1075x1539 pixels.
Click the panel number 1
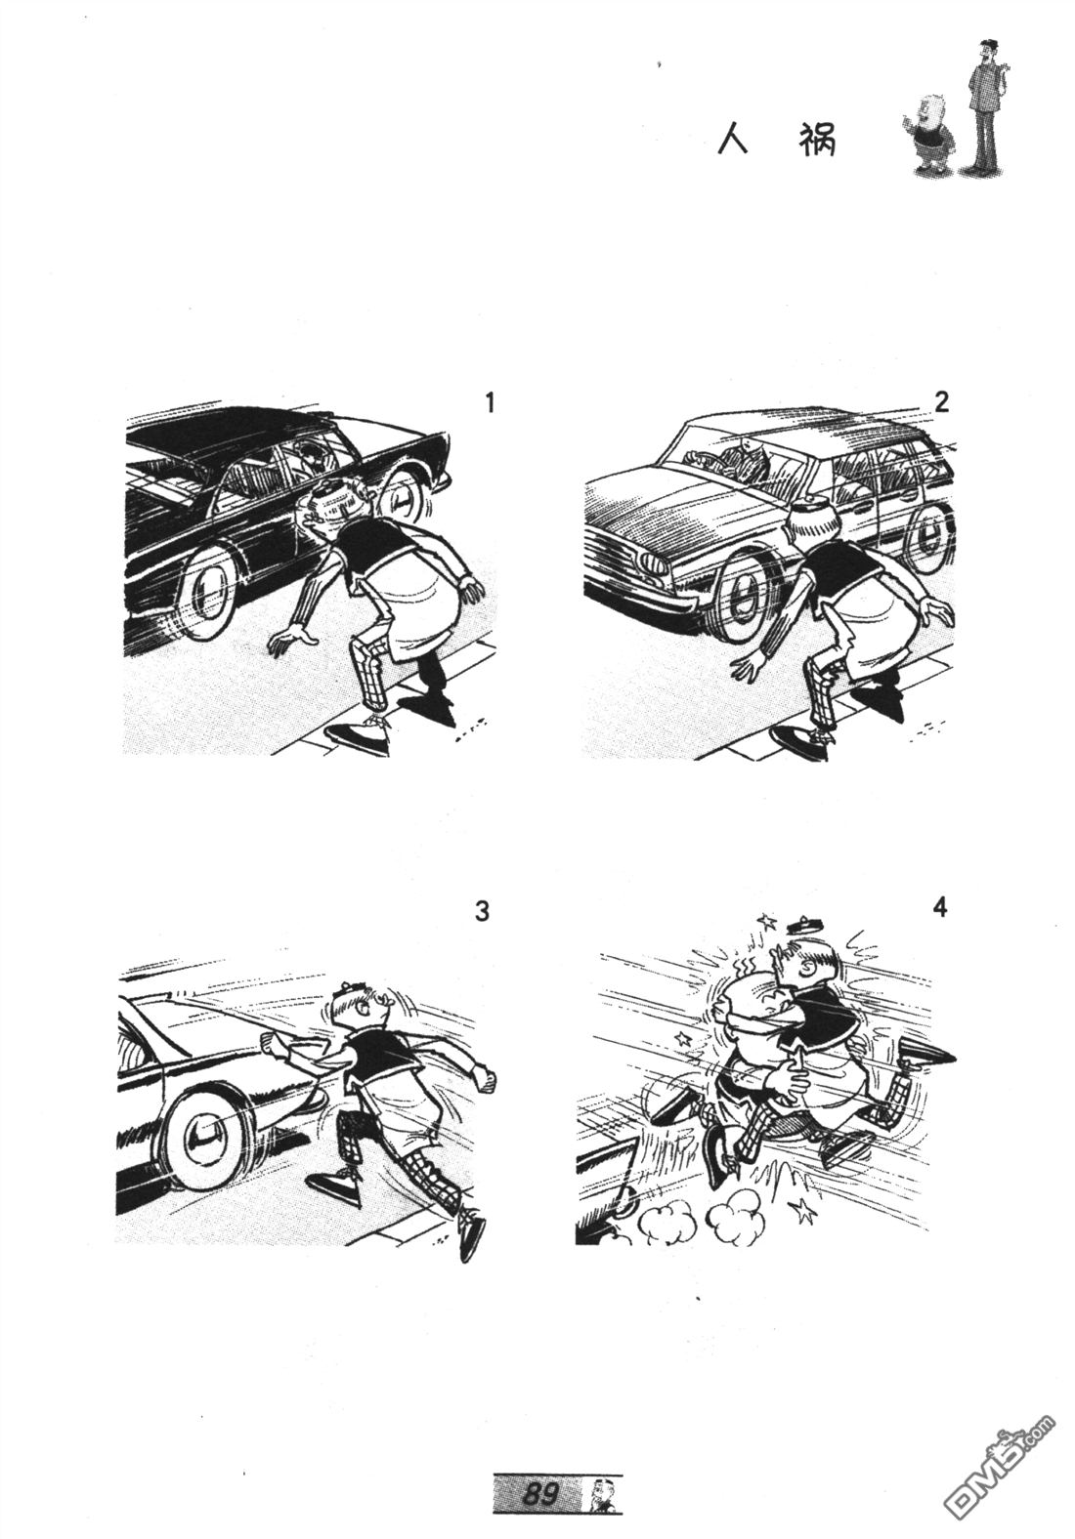[490, 402]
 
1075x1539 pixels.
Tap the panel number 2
[942, 401]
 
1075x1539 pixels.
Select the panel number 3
[482, 911]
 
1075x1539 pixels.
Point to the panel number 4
[940, 907]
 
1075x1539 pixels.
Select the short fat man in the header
[929, 135]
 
